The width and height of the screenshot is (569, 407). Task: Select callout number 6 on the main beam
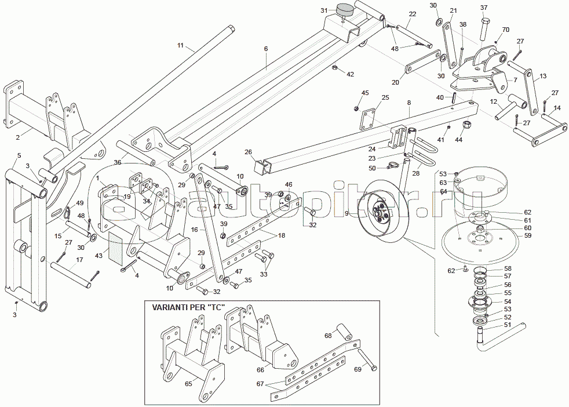266,49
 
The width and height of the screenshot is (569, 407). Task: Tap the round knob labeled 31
345,10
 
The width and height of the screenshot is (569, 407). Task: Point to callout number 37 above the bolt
484,8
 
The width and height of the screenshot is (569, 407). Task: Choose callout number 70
505,30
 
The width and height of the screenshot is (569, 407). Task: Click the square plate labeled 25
366,120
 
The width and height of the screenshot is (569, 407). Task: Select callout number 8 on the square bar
408,103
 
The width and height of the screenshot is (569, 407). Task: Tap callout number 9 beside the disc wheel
347,213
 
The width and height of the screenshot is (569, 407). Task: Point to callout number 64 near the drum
443,191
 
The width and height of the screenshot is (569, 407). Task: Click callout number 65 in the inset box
188,384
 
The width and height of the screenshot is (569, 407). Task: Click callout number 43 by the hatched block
99,256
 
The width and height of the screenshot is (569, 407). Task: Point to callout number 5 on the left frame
19,155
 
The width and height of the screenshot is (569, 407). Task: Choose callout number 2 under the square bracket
18,137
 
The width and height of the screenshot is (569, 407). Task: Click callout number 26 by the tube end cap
248,152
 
